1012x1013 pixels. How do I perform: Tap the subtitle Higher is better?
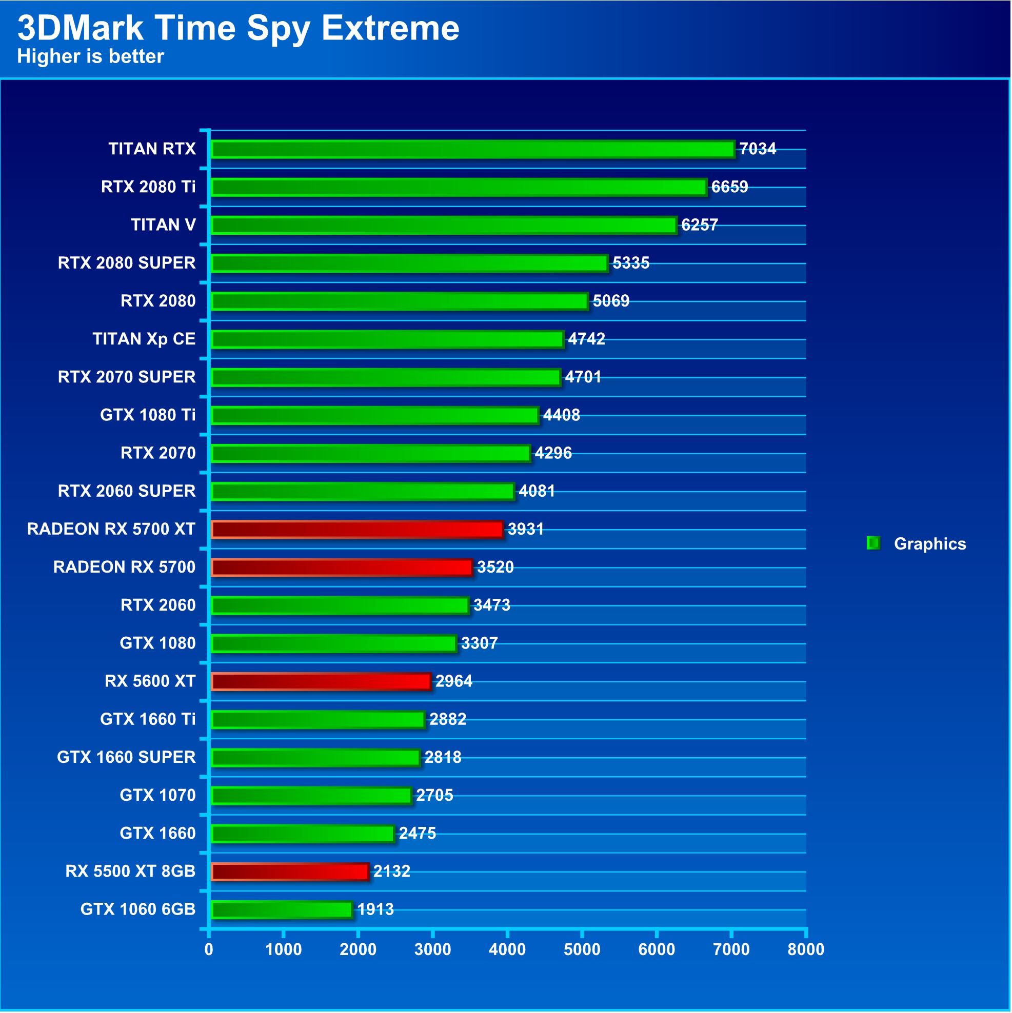pyautogui.click(x=90, y=56)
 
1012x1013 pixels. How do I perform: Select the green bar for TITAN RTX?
pyautogui.click(x=472, y=149)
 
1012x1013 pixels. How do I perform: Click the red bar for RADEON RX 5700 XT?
pyautogui.click(x=357, y=529)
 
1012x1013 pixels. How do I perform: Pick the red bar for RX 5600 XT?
pyautogui.click(x=321, y=681)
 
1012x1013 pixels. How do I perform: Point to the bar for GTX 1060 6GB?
pyautogui.click(x=281, y=909)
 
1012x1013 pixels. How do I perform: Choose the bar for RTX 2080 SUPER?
pyautogui.click(x=409, y=262)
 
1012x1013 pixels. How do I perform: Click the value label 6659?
pyautogui.click(x=729, y=187)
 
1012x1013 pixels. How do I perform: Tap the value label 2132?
pyautogui.click(x=391, y=871)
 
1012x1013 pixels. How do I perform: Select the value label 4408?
pyautogui.click(x=561, y=415)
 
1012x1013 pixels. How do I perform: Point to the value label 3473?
pyautogui.click(x=491, y=605)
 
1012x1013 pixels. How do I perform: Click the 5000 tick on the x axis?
pyautogui.click(x=582, y=949)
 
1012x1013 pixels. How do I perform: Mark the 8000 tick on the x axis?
pyautogui.click(x=806, y=949)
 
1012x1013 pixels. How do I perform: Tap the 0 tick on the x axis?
pyautogui.click(x=209, y=949)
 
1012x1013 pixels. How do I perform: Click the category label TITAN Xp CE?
pyautogui.click(x=144, y=339)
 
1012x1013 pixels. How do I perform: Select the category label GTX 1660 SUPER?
pyautogui.click(x=126, y=757)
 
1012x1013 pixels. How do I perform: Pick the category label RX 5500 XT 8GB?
pyautogui.click(x=130, y=871)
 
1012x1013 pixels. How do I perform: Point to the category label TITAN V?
pyautogui.click(x=163, y=225)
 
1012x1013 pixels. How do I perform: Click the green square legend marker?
pyautogui.click(x=873, y=543)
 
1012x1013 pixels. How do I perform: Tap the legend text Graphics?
pyautogui.click(x=929, y=544)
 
